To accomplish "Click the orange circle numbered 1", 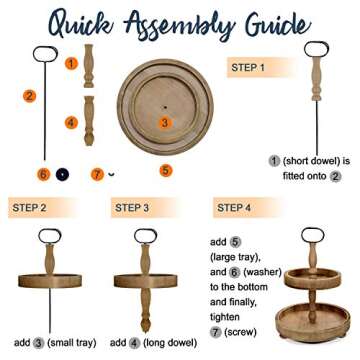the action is (x=71, y=63).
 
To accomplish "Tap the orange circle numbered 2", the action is (x=29, y=96).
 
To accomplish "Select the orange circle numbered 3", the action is (x=164, y=123).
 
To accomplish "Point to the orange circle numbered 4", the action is (x=71, y=123).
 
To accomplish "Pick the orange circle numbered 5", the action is (x=166, y=171).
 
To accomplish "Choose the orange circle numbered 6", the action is (x=43, y=174).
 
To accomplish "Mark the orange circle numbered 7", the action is (x=97, y=174).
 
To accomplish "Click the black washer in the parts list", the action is (x=62, y=174).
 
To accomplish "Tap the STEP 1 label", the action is (x=248, y=68).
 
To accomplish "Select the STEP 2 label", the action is (x=29, y=208).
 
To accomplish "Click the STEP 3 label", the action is (x=132, y=208).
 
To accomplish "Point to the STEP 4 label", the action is (x=234, y=208).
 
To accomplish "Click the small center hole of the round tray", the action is (x=165, y=107).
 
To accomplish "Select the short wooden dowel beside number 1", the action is (x=88, y=66).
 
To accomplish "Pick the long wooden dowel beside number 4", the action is (x=89, y=121).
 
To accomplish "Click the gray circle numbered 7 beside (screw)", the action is (x=215, y=332).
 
